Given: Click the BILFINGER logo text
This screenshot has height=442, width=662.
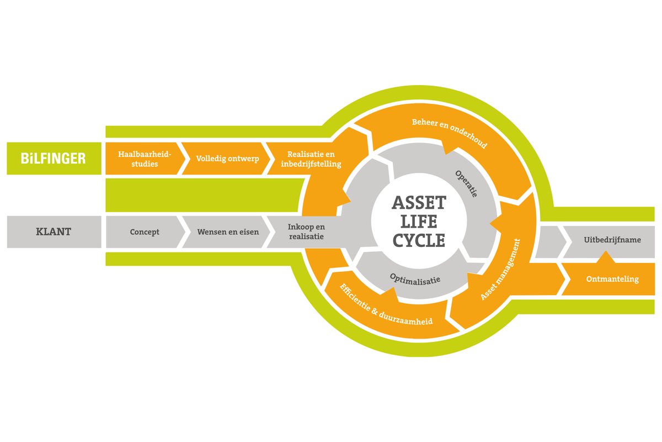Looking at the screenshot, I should coord(54,159).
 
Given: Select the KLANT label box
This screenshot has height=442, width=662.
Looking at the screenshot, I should coord(54,232).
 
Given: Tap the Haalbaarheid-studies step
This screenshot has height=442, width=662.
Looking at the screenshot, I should coord(145,159).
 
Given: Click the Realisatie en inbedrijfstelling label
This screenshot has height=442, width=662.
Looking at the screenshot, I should coord(311,159).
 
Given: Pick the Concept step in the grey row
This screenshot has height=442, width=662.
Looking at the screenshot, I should coord(145,232).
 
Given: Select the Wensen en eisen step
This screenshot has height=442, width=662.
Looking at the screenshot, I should coord(228,232).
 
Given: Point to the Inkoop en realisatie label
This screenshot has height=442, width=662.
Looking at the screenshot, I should coord(306,232).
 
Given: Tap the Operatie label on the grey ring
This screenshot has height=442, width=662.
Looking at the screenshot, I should coord(467,184).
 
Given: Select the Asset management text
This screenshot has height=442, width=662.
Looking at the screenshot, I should coord(500,269).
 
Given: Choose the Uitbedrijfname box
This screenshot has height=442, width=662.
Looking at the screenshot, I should coord(611,241).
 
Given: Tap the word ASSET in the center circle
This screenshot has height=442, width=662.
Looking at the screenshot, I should coord(419,203).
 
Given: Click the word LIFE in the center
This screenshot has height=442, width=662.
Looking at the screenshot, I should coord(419,222).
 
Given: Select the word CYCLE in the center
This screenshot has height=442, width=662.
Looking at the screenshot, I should coord(419,241).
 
